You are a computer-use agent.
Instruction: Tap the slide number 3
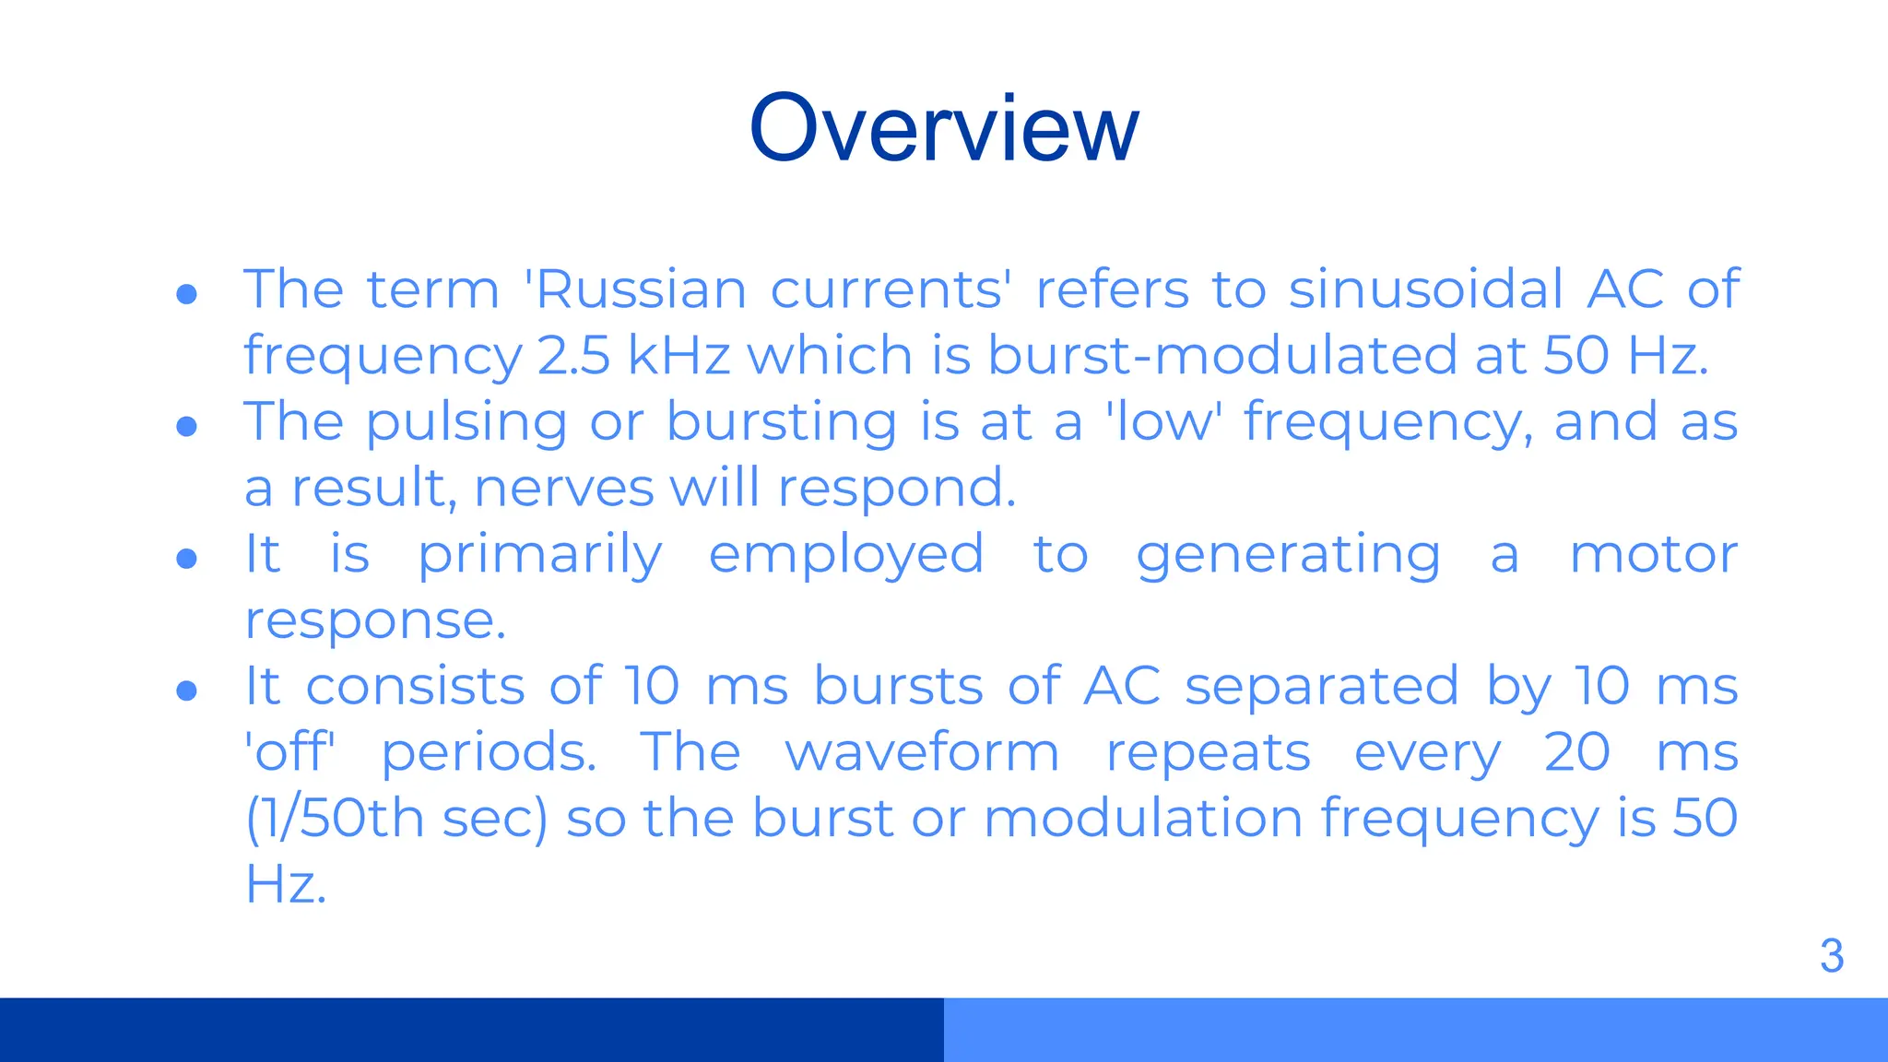point(1831,956)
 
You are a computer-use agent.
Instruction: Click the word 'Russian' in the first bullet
point(636,289)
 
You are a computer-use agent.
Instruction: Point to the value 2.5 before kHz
point(573,356)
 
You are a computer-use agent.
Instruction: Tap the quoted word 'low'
point(1163,422)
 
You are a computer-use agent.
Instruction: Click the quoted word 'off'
point(290,752)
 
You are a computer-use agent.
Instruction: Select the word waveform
point(922,752)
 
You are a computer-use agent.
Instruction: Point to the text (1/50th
point(334,819)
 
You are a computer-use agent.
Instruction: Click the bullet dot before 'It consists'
point(187,690)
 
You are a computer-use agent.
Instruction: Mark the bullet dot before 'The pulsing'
point(187,426)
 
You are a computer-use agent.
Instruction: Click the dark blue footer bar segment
point(472,1030)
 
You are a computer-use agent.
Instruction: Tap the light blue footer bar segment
point(1416,1030)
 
